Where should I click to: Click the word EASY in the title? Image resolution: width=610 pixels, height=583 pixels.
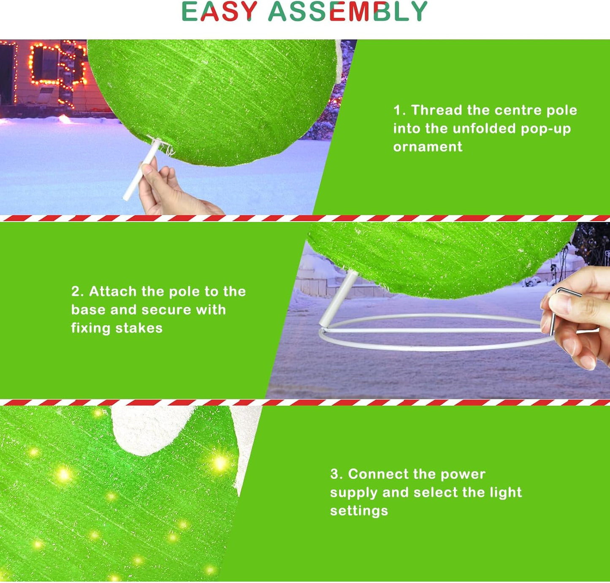coord(219,11)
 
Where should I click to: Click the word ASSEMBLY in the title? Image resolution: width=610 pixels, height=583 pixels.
coord(348,11)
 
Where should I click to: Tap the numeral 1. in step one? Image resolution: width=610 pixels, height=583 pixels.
coord(399,111)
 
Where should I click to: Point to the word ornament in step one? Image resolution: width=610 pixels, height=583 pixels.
coord(428,147)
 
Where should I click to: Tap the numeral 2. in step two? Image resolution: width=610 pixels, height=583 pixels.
coord(77,292)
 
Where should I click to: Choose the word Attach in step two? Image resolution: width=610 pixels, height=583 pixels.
coord(113,291)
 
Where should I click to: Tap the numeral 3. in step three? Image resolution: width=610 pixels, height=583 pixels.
coord(336,474)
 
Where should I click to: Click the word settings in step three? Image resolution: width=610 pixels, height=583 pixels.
coord(359,511)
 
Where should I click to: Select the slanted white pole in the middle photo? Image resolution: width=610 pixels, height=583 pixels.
coord(338,298)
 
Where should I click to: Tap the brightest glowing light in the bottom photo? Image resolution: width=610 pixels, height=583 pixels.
coord(220,463)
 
